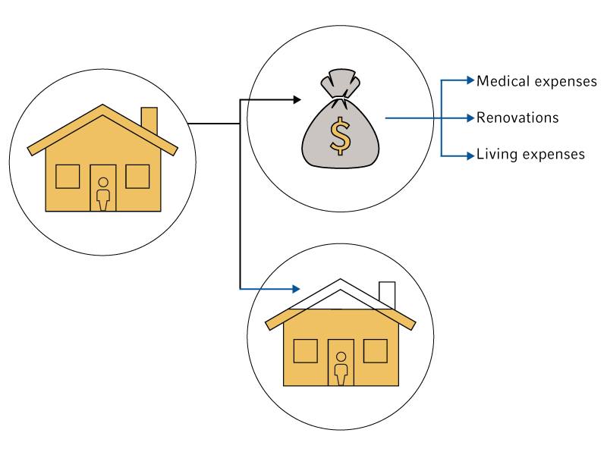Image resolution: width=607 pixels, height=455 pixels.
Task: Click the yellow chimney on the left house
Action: pos(149,120)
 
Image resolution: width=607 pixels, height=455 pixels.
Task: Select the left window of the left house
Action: pos(68,176)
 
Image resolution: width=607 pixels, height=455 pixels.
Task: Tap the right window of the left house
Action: pos(137,176)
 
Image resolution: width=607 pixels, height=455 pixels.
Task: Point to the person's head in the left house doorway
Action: pos(103,182)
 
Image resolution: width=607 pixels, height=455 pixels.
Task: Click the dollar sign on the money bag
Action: pos(340,136)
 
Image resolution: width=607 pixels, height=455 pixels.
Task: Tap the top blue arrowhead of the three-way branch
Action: pos(471,80)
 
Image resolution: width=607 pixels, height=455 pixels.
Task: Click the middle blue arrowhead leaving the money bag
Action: pos(471,118)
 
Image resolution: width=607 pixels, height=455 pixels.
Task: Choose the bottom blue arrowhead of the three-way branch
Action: pos(471,155)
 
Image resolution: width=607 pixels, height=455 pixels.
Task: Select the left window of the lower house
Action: pos(306,350)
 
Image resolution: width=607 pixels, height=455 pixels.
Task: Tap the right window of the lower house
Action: pos(376,350)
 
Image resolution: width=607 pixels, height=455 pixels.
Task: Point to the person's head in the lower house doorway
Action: pos(341,356)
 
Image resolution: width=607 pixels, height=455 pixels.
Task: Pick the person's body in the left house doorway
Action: pos(103,198)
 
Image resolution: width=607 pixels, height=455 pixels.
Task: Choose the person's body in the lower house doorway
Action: pos(341,372)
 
